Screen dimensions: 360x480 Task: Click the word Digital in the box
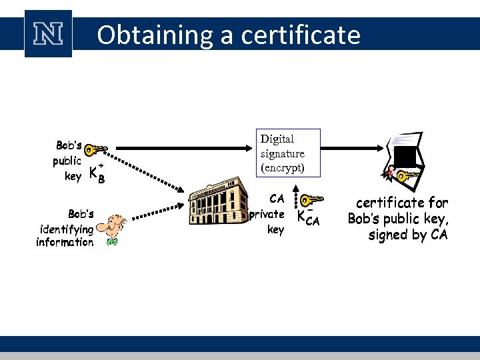(x=277, y=139)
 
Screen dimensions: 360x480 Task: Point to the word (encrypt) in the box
(x=282, y=167)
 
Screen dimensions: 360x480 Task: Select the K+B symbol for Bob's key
(x=97, y=173)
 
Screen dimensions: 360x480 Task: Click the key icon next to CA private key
(x=311, y=199)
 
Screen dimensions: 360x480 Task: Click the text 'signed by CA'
(x=408, y=235)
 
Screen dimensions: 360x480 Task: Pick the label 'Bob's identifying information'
(x=65, y=228)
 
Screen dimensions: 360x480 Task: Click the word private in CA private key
(x=267, y=214)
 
